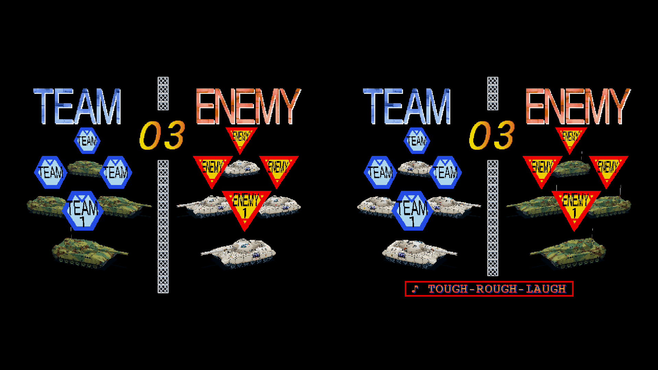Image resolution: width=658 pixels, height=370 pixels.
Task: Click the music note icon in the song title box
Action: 415,289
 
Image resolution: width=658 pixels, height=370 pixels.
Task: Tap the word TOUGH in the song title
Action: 448,289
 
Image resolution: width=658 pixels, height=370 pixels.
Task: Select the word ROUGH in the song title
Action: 497,289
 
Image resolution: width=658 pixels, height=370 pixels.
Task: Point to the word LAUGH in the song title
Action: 546,289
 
